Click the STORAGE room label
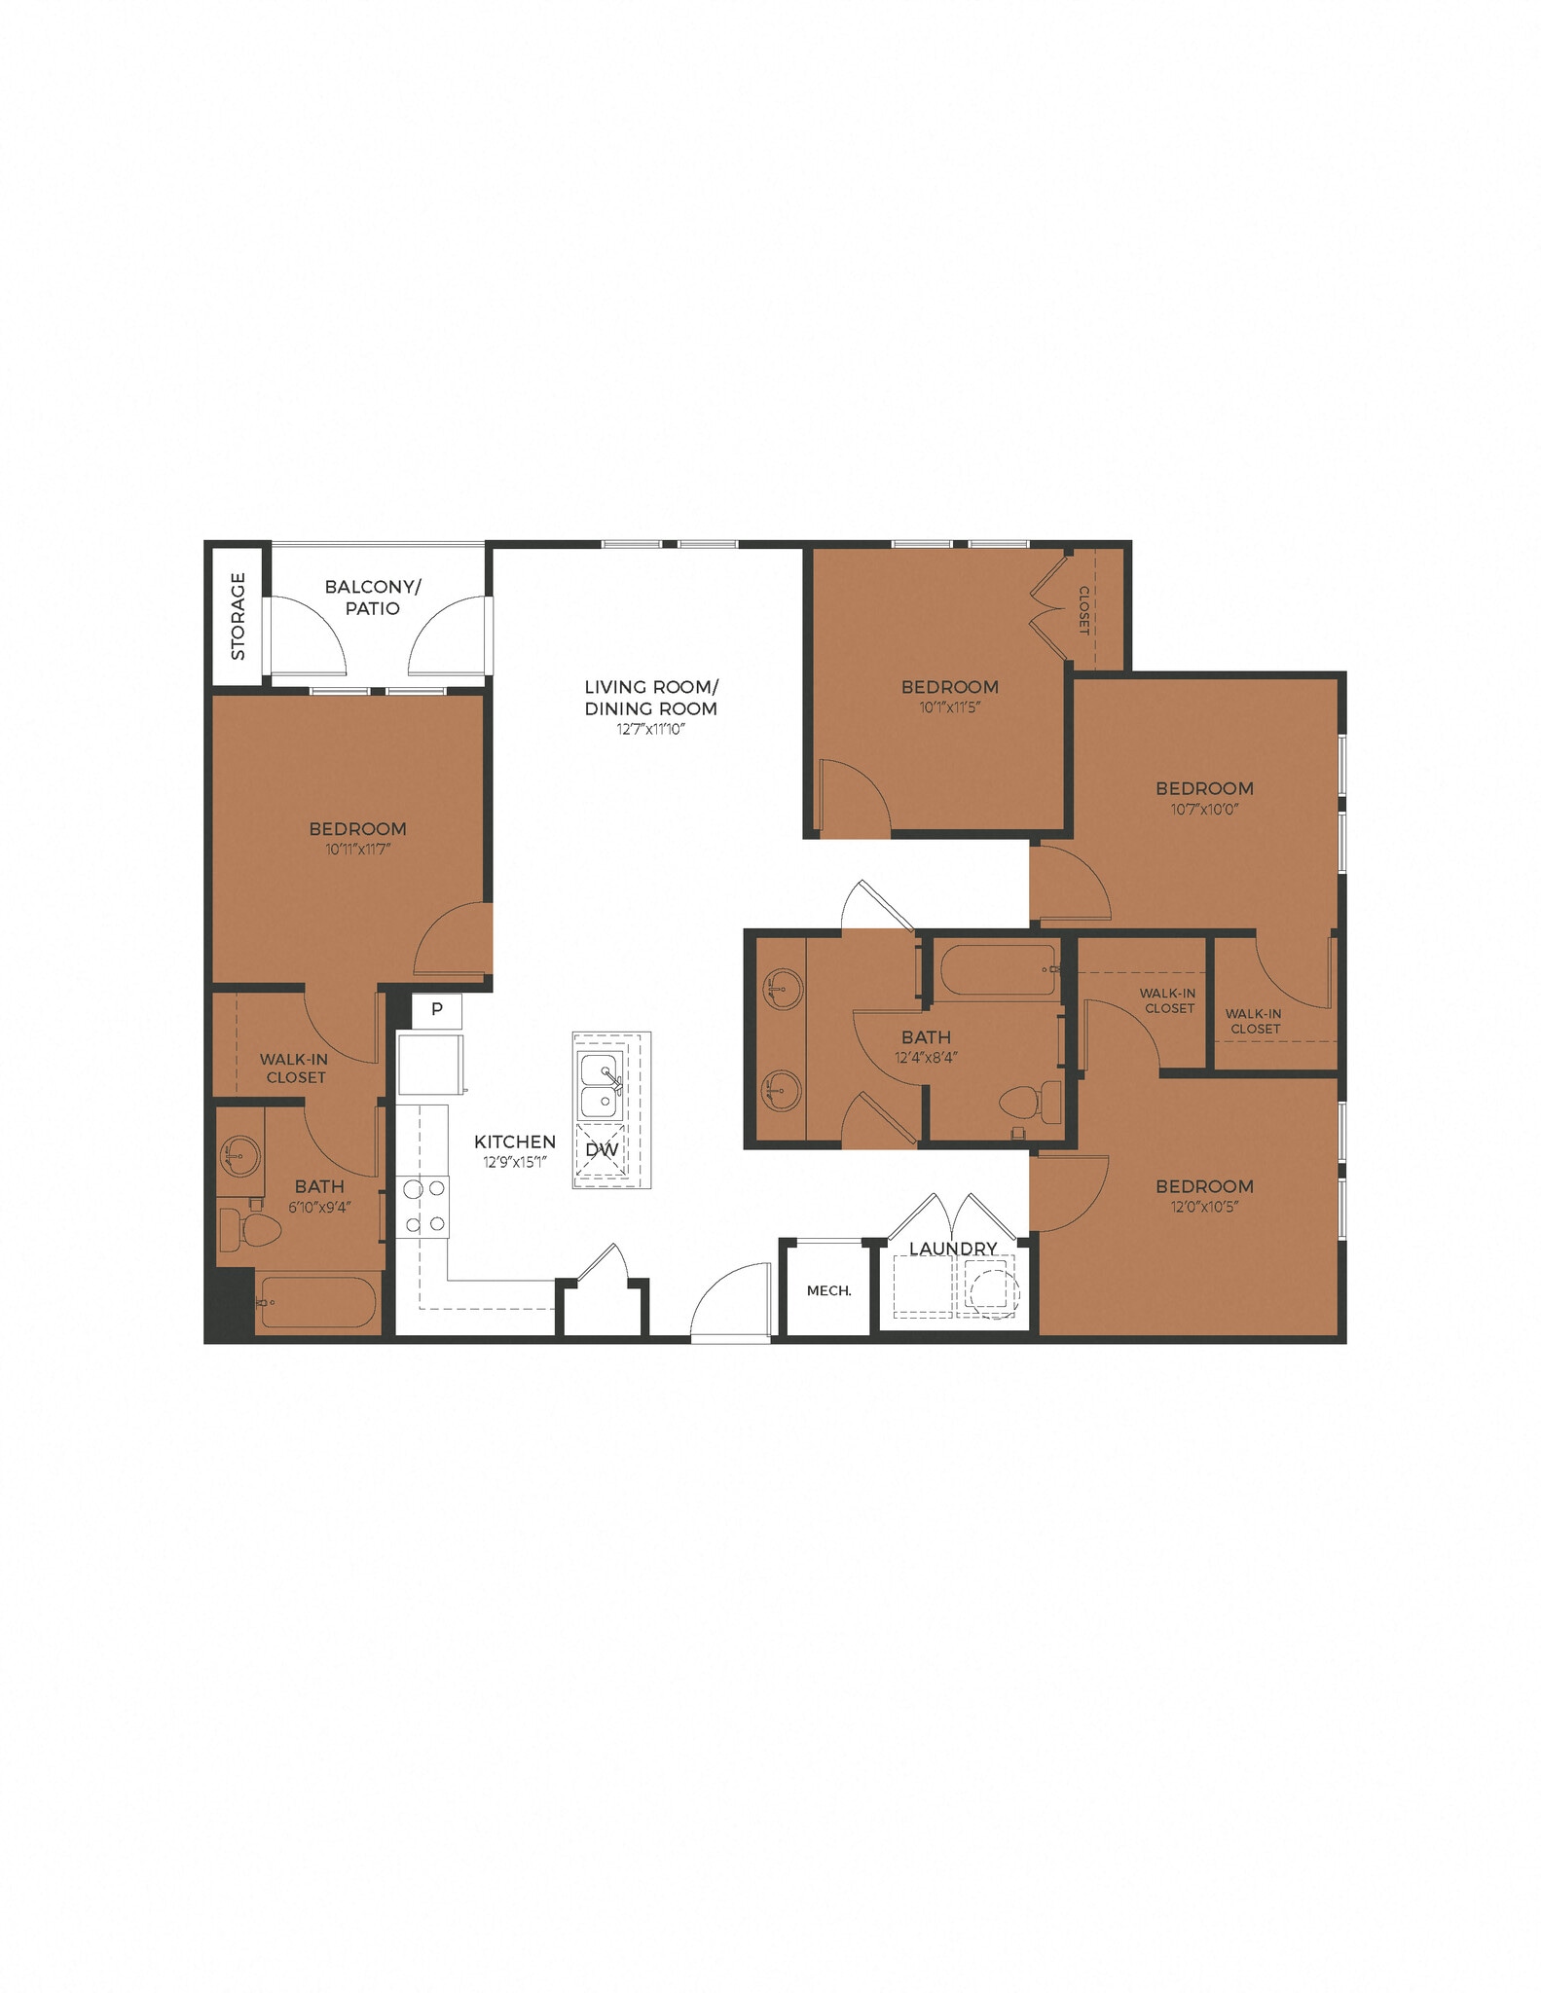(x=238, y=616)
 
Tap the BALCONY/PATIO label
(x=373, y=598)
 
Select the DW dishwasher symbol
(x=602, y=1150)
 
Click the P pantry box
(x=437, y=1009)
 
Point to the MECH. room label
(x=828, y=1290)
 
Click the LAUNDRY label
(x=953, y=1248)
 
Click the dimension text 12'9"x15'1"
(x=515, y=1162)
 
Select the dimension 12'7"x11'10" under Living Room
(x=650, y=730)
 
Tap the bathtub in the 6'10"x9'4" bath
(x=317, y=1302)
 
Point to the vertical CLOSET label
(x=1082, y=610)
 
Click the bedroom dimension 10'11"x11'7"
(x=357, y=850)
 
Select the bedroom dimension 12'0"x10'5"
(x=1204, y=1208)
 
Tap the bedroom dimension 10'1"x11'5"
(x=949, y=707)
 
